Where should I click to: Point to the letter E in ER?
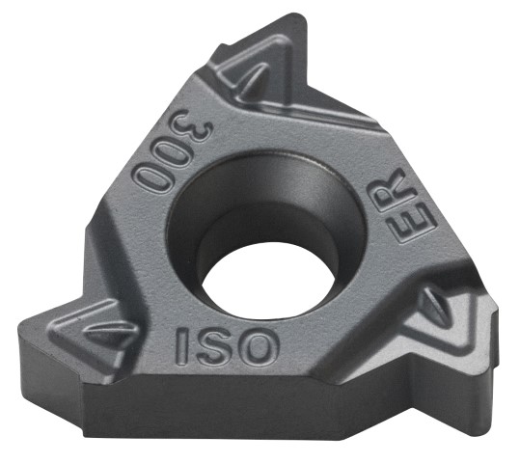point(410,223)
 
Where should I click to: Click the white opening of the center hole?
point(267,282)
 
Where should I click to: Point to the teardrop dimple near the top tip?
point(254,77)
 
